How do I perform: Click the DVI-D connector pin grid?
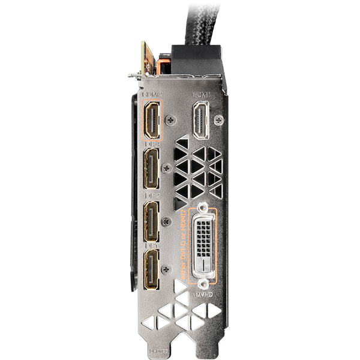(204, 244)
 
